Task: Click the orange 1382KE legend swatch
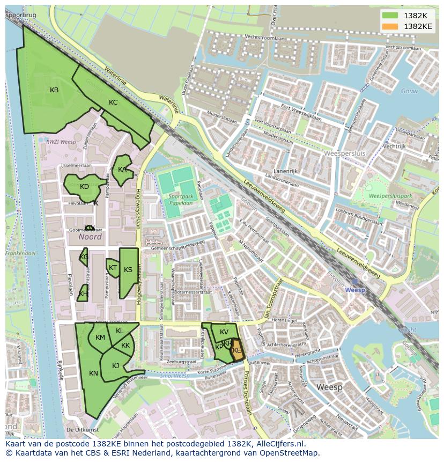[390, 26]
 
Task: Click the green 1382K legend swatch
[390, 16]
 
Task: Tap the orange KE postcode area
[237, 351]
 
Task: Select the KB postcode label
[54, 90]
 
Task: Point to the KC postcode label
[113, 102]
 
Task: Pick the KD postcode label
[84, 187]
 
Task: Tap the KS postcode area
[128, 270]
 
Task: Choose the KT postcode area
[113, 268]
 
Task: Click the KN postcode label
[93, 373]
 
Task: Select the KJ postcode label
[115, 366]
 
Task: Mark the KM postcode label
[100, 338]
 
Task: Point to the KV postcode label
[224, 332]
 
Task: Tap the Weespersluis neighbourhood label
[345, 153]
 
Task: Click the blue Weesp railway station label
[354, 290]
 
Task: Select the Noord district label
[90, 237]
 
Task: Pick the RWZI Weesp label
[61, 142]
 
